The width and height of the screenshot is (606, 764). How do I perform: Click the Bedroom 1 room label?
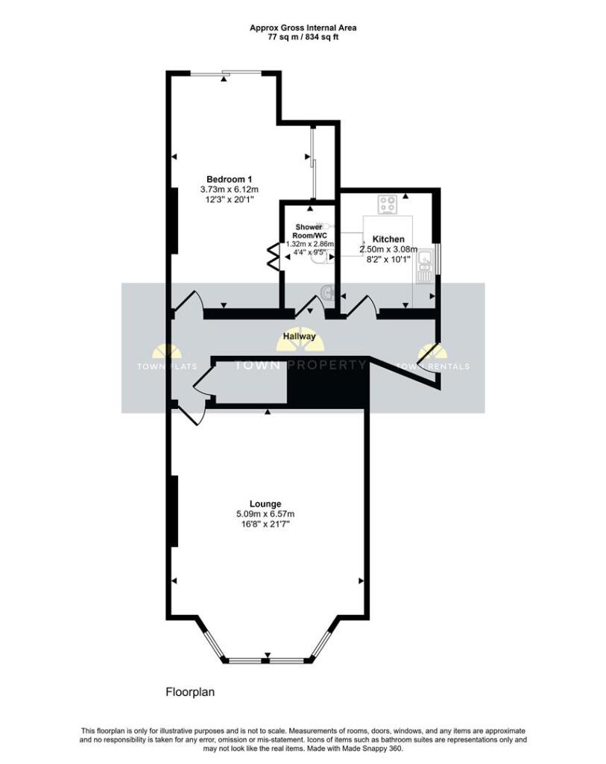click(230, 179)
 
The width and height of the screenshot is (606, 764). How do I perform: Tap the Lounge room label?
click(265, 504)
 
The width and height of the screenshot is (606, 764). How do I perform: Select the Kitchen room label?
click(388, 239)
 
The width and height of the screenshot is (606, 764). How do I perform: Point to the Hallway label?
click(300, 336)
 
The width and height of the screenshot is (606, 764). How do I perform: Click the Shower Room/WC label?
click(309, 231)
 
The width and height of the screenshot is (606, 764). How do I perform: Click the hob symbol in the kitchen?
click(388, 204)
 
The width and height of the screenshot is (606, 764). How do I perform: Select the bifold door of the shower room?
click(273, 256)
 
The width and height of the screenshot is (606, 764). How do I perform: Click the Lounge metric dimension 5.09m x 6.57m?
click(265, 514)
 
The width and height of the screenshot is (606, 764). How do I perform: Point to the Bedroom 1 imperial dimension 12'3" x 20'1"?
click(230, 199)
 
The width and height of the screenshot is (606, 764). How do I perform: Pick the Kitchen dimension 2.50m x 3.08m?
click(388, 249)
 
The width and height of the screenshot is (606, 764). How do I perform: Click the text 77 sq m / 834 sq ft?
click(303, 37)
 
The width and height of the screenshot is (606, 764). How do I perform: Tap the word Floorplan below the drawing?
click(190, 692)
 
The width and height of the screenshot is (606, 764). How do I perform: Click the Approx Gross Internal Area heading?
click(303, 28)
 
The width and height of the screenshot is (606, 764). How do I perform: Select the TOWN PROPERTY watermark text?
click(300, 365)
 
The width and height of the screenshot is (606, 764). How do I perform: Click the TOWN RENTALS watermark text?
click(434, 366)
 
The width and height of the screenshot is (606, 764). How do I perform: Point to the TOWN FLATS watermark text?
click(167, 366)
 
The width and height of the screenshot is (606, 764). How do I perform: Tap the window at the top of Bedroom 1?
click(225, 74)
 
